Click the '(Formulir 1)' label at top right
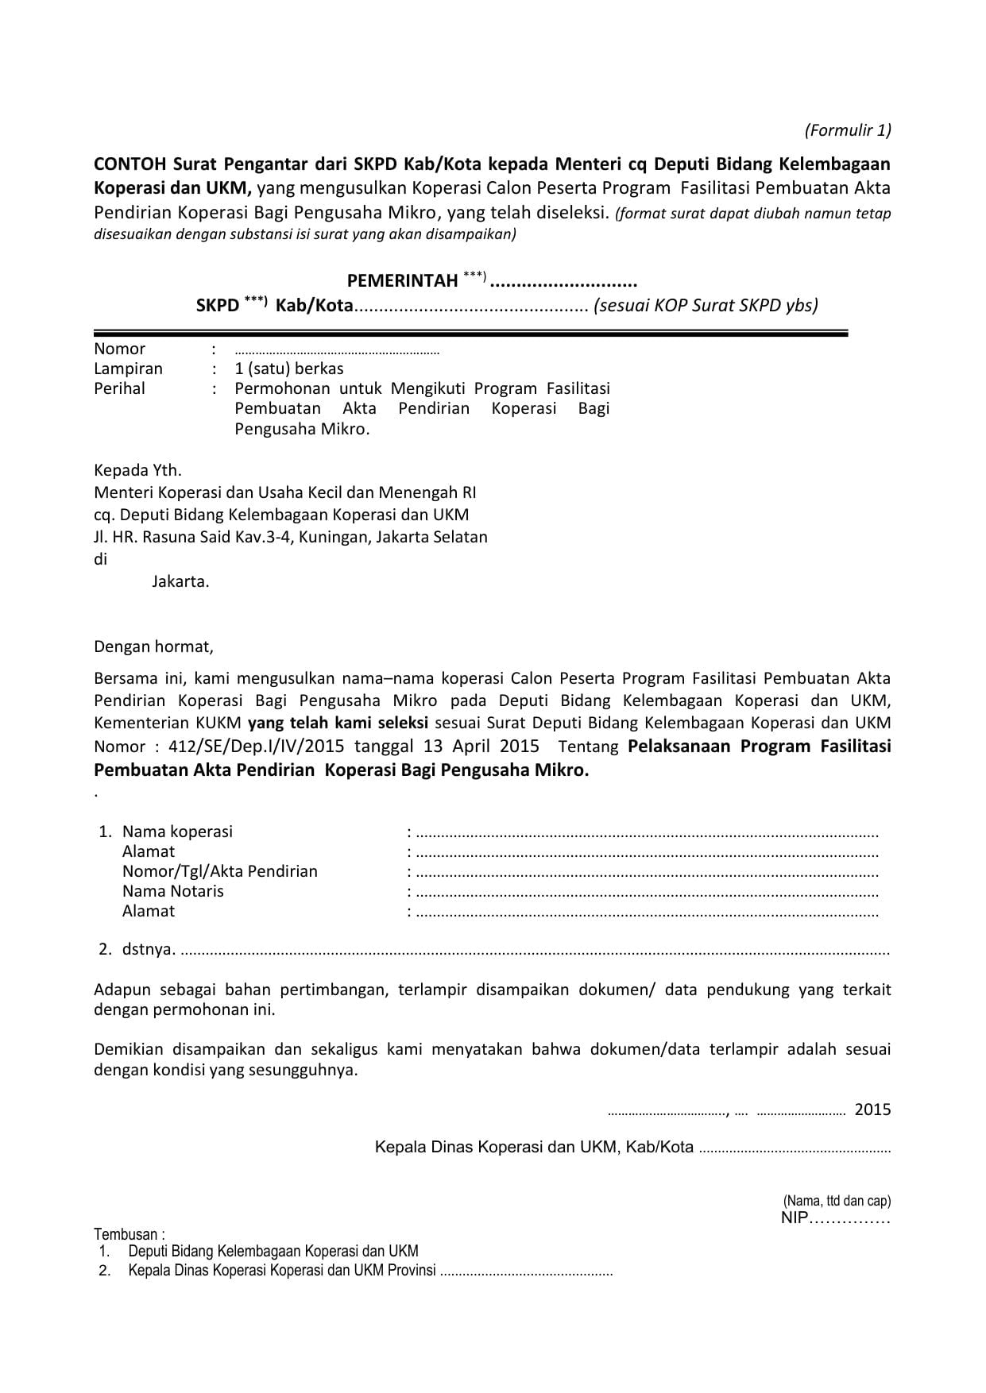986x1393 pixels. pos(848,130)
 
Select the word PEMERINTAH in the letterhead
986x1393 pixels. pos(402,280)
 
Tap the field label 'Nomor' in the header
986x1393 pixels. pos(119,349)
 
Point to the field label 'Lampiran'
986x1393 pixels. pos(128,369)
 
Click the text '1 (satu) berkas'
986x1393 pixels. pos(289,369)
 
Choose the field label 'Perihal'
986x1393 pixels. pos(119,388)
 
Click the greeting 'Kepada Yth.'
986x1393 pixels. pos(137,470)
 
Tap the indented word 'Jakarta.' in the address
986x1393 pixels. pos(180,581)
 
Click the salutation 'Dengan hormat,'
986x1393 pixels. pos(153,646)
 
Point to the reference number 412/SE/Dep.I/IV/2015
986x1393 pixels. pos(246,747)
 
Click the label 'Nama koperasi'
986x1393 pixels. pos(177,832)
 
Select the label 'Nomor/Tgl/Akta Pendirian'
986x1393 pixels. pos(219,871)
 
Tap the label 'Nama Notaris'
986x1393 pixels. pos(172,891)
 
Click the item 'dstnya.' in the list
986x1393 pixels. pos(149,949)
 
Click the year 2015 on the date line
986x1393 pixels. pos(872,1109)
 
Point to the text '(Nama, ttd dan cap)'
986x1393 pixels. pos(837,1200)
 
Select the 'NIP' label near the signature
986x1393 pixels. pos(794,1218)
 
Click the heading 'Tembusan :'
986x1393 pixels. pos(130,1234)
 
